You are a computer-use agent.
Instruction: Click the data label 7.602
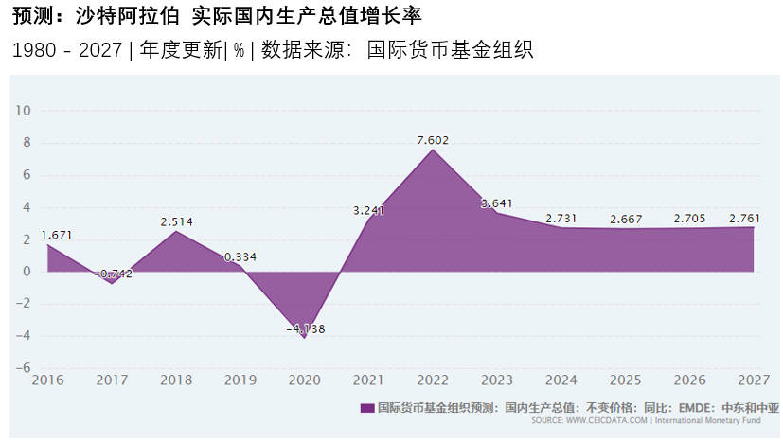coord(433,140)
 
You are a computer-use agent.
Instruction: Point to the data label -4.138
coord(305,328)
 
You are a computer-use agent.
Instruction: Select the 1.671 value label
coord(56,235)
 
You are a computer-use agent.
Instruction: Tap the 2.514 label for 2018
coord(176,222)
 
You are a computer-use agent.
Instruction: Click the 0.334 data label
coord(240,256)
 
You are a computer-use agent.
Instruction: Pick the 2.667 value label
coord(626,220)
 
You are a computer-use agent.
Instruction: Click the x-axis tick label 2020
coord(305,380)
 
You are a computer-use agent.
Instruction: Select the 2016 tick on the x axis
coord(47,380)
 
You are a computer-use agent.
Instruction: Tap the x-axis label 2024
coord(561,380)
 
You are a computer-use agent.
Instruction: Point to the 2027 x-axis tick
coord(754,380)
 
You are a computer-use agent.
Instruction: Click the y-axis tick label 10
coord(24,111)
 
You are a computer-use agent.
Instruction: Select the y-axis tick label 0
coord(27,272)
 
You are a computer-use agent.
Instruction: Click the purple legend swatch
coord(367,408)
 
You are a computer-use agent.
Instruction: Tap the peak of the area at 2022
coord(433,150)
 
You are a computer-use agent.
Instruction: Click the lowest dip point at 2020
coord(305,338)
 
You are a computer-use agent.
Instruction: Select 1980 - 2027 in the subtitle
coord(67,50)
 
